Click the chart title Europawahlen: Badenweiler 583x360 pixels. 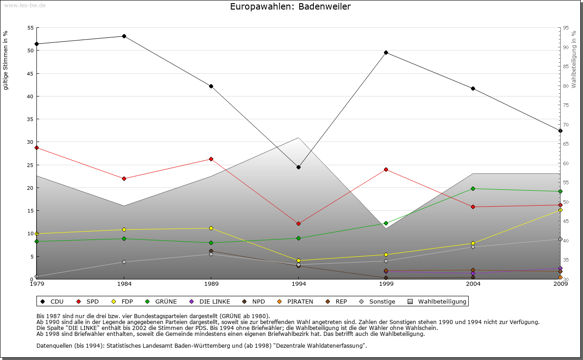[291, 7]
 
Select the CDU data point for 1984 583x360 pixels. [124, 36]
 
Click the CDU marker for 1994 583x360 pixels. [298, 167]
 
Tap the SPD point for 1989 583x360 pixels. [211, 159]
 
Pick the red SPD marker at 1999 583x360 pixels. [386, 169]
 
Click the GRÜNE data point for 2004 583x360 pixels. [473, 188]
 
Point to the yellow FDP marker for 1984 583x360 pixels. [124, 229]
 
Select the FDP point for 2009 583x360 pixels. [560, 210]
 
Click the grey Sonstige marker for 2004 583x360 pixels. [473, 247]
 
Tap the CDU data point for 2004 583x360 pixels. [473, 88]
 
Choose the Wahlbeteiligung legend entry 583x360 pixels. [438, 301]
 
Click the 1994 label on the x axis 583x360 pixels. [299, 284]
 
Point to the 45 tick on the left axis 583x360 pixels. [30, 74]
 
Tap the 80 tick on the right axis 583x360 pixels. [566, 86]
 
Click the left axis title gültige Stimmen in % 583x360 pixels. [6, 60]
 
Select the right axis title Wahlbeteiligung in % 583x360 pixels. [574, 60]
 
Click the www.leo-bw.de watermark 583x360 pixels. [25, 5]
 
